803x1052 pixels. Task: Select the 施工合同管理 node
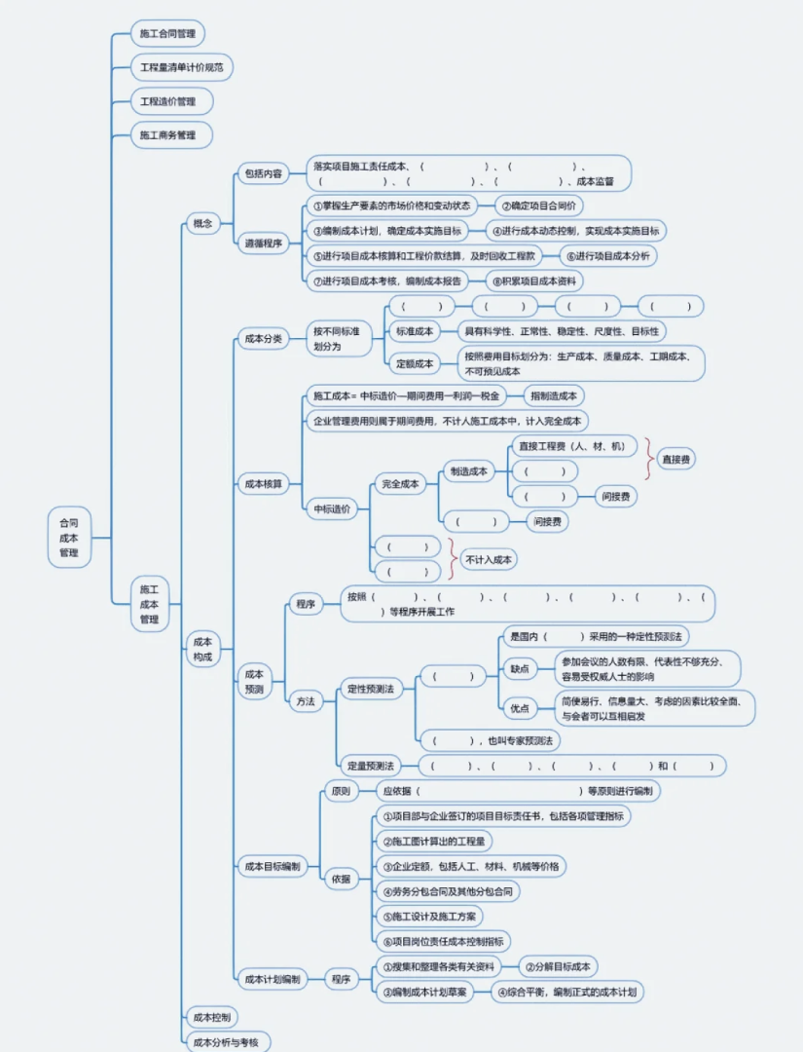click(168, 33)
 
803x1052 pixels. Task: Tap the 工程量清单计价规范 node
click(182, 67)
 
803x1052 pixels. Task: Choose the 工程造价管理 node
click(168, 101)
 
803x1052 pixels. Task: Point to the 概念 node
click(203, 224)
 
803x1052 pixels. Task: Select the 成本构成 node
click(203, 650)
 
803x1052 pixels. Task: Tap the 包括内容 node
click(263, 174)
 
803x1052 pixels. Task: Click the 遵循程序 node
click(263, 244)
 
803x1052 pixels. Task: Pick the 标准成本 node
click(416, 331)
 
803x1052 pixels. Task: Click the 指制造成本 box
click(555, 395)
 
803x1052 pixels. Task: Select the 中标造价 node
click(333, 508)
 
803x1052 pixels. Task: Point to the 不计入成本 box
click(489, 559)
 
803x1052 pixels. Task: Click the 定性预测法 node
click(372, 689)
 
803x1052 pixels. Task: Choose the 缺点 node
click(520, 668)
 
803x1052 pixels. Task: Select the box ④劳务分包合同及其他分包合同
click(448, 890)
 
